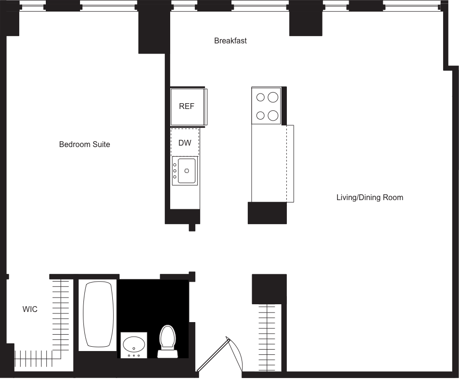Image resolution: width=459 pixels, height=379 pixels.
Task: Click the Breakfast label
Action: point(230,41)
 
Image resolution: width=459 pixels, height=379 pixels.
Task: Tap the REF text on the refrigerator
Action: point(187,106)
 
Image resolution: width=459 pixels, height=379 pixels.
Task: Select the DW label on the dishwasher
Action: point(185,143)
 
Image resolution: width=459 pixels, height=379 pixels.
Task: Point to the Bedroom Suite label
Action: point(84,144)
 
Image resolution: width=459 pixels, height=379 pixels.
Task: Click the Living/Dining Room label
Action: point(369,197)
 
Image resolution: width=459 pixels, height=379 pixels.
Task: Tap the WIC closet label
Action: point(30,309)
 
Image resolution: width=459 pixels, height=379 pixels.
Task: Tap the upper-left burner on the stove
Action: point(261,97)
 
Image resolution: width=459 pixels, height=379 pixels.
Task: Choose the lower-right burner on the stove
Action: point(273,115)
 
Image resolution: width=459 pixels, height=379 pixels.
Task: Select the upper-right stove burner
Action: point(273,97)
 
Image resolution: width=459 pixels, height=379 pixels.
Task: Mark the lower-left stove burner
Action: point(261,115)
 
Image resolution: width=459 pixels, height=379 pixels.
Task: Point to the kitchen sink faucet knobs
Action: point(175,171)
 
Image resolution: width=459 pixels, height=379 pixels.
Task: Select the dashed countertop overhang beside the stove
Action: point(290,163)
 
